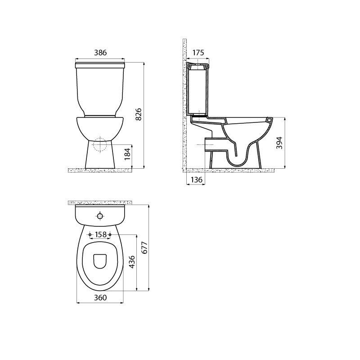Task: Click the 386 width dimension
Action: [100, 53]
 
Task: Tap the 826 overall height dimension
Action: [139, 114]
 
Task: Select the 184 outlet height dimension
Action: [127, 154]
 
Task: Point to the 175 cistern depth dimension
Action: [198, 53]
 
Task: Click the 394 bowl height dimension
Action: [279, 143]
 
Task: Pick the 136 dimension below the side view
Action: [197, 180]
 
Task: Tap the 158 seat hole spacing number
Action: [100, 234]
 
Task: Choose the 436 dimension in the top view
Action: [132, 262]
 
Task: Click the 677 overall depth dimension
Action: [144, 247]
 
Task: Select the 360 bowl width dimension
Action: [100, 297]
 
